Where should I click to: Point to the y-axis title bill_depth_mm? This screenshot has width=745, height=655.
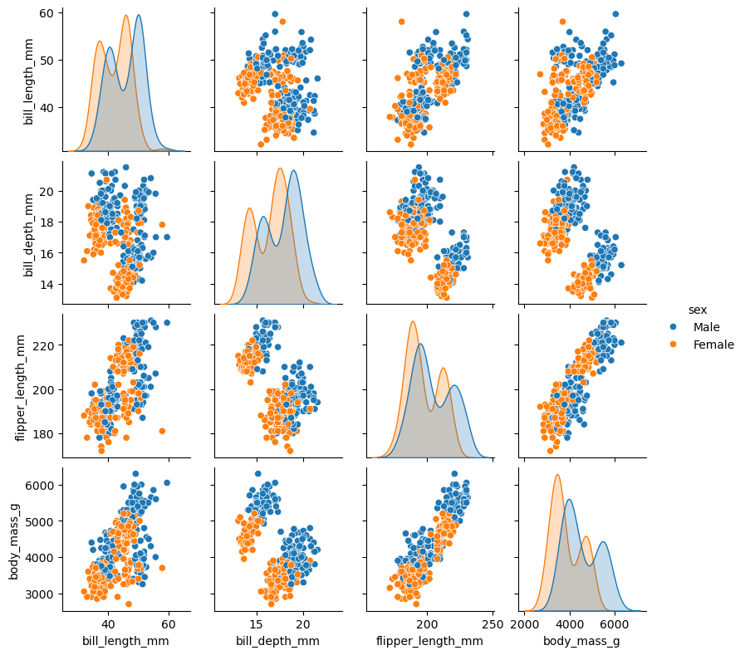[28, 227]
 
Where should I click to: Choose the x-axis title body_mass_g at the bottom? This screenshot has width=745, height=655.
[581, 641]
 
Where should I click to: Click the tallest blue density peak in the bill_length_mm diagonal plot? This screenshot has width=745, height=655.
[138, 15]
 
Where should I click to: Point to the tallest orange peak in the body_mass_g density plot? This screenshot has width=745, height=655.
[557, 475]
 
